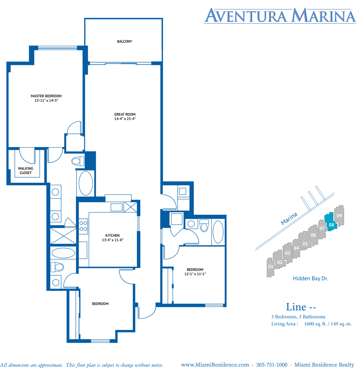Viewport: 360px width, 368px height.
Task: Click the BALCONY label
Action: coord(124,41)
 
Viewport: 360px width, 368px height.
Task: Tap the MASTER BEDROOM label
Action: coord(46,96)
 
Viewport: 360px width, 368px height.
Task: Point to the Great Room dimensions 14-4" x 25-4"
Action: coord(125,119)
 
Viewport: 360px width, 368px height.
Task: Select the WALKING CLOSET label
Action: coord(25,170)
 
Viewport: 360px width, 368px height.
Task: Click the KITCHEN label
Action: coord(112,235)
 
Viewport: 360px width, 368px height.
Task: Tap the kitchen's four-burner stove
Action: coord(83,226)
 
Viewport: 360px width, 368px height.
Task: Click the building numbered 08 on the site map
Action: coord(331,222)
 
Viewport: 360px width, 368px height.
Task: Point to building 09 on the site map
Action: coord(339,215)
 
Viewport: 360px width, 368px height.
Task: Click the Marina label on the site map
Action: coord(289,219)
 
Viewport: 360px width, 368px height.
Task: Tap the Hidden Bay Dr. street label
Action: coord(310,278)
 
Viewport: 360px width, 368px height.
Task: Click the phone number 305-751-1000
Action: coord(272,364)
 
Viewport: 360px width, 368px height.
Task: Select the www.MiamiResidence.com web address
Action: coord(215,365)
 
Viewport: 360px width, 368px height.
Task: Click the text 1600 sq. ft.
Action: coord(315,324)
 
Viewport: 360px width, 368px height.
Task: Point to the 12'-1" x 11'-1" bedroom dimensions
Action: coord(195,274)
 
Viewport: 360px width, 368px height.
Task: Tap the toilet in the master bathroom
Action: coord(78,161)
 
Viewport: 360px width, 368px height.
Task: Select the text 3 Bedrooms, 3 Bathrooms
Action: coord(298,317)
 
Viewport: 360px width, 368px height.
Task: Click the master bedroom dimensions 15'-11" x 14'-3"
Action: coord(46,100)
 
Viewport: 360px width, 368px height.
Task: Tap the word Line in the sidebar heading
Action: coord(296,307)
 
